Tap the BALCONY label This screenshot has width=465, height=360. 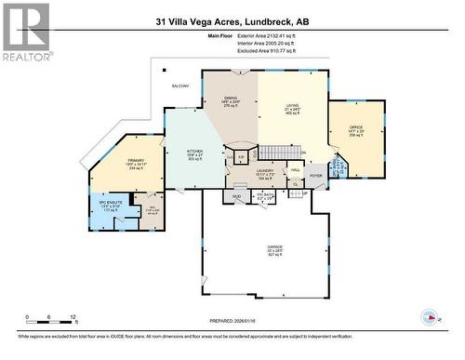click(179, 87)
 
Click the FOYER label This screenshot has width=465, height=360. click(316, 173)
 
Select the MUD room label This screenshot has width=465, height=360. click(237, 196)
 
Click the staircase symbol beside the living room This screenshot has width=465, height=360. click(272, 152)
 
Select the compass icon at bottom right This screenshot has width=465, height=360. click(432, 316)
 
